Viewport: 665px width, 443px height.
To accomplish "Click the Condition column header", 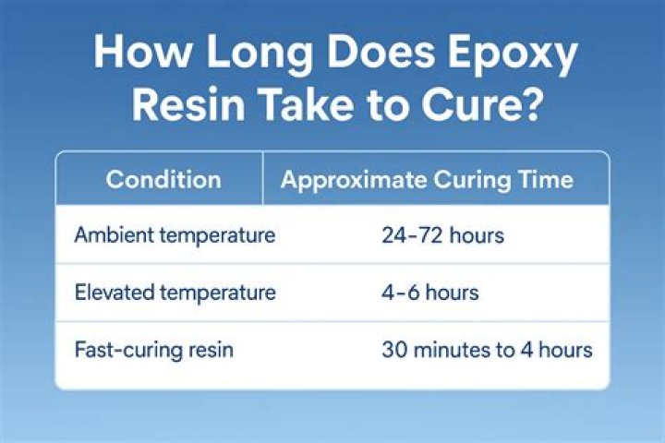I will [x=163, y=179].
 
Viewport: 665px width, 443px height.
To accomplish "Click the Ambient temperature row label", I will [x=175, y=235].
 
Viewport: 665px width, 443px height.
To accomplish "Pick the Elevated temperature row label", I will [x=175, y=293].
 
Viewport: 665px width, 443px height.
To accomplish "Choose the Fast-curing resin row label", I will [x=154, y=351].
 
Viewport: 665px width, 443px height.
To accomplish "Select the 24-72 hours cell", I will [x=442, y=235].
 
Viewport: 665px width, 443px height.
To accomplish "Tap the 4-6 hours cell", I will [x=429, y=293].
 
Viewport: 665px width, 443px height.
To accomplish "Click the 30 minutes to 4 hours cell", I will [x=487, y=351].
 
